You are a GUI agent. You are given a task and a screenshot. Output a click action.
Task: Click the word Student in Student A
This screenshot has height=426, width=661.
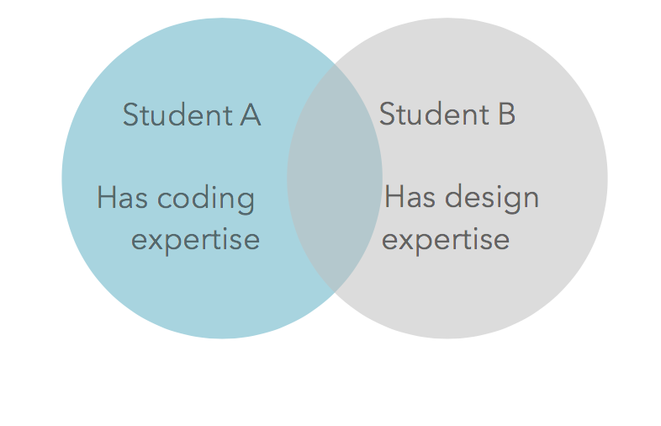point(177,114)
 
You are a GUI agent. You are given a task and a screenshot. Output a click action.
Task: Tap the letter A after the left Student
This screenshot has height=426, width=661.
point(251,114)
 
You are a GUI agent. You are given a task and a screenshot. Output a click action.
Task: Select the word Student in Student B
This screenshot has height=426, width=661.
point(434,114)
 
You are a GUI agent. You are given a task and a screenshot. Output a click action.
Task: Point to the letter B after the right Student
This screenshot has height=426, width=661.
point(507,114)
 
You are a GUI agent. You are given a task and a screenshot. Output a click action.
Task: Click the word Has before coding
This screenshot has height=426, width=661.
point(122,197)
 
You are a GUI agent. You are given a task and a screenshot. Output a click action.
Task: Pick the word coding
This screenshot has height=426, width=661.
point(206,200)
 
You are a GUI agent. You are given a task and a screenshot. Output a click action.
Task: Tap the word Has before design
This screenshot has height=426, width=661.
point(410,197)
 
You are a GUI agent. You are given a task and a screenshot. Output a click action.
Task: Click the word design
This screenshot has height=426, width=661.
point(492,199)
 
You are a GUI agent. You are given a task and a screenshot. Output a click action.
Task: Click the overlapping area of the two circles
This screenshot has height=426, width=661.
point(335,178)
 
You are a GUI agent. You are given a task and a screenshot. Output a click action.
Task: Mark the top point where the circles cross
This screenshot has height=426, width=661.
point(335,63)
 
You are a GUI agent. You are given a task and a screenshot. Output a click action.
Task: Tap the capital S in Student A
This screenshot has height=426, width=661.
point(130,114)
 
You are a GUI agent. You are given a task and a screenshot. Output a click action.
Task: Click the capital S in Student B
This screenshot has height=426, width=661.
point(387,114)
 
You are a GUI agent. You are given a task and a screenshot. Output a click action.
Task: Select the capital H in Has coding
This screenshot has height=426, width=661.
point(105,197)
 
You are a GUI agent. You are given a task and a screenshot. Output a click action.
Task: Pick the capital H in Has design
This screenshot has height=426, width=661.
point(393,197)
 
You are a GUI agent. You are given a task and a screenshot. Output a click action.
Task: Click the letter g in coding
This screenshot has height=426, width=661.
point(246,203)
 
